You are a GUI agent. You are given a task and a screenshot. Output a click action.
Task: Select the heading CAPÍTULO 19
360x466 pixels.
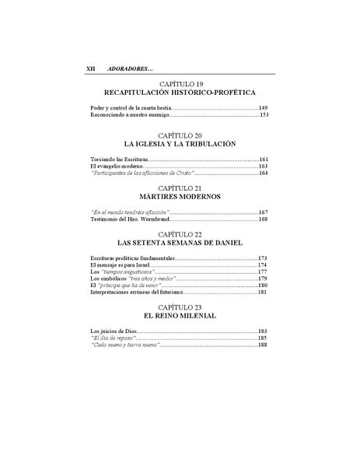pos(180,82)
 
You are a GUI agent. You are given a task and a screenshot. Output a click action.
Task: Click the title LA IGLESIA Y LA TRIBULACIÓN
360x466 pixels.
pos(180,145)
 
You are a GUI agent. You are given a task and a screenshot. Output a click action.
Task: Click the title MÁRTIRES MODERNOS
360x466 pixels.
pos(180,197)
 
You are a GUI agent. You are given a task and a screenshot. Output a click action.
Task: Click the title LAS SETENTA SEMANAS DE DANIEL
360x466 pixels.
pos(180,243)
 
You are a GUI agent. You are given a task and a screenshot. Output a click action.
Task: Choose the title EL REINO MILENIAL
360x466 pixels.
pos(180,318)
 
